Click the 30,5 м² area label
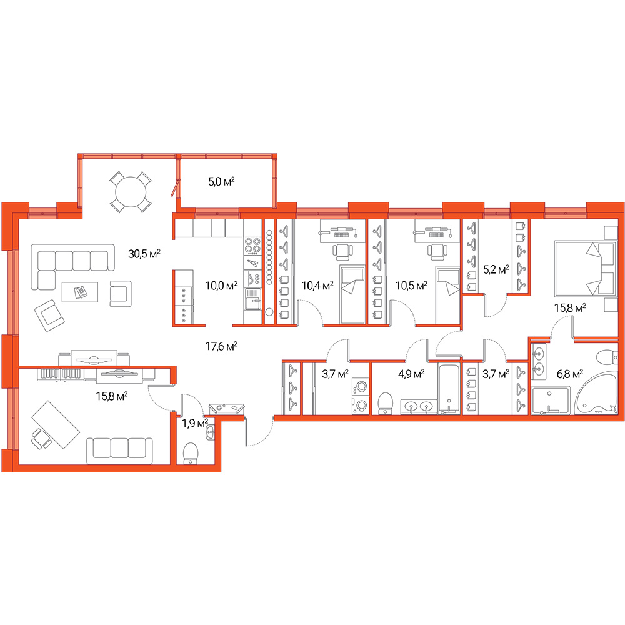pos(144,254)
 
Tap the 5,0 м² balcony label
pos(221,182)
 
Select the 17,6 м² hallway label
pos(221,346)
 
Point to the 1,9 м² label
pos(195,423)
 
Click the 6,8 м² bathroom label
pos(570,374)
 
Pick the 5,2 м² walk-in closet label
pos(496,270)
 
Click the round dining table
pos(131,192)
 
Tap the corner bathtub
pos(596,393)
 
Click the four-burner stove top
pos(252,246)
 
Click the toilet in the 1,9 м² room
pos(191,453)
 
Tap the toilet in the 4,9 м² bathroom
pos(385,403)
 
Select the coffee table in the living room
pos(80,292)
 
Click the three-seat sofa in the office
pos(119,451)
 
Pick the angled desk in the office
pos(56,424)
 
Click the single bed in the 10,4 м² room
pos(352,294)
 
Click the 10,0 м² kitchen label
pos(221,286)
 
